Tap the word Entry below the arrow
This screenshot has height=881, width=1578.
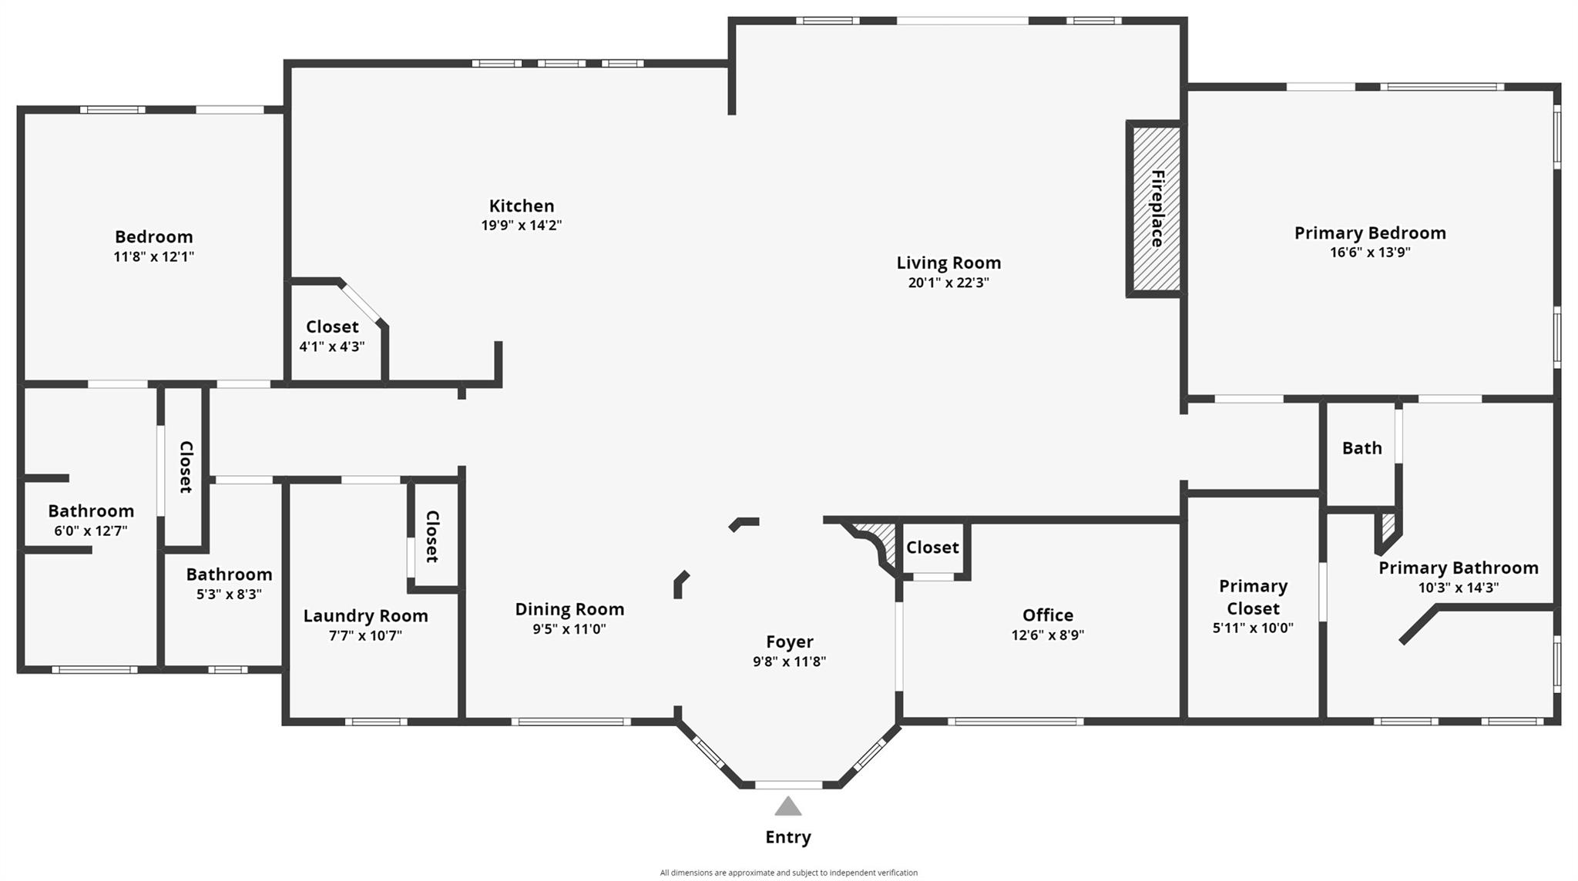pos(787,837)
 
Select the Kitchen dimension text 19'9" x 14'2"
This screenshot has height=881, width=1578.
pos(522,226)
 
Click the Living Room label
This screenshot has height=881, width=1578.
pos(948,263)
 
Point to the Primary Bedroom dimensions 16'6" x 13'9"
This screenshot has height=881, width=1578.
pos(1370,253)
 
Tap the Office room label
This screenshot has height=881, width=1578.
pos(1047,615)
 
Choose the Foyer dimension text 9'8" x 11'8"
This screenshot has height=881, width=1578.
pos(789,662)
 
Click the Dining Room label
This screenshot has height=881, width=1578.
pos(569,609)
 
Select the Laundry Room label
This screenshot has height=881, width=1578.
pos(365,616)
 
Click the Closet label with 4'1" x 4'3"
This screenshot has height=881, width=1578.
pos(332,327)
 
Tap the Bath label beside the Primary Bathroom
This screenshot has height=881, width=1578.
pos(1361,448)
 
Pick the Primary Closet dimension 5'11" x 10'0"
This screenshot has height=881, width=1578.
pos(1253,628)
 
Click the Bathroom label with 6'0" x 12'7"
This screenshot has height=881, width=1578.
pos(91,511)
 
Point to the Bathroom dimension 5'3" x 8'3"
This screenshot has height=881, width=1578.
pos(229,595)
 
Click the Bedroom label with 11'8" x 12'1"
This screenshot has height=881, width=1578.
pos(153,237)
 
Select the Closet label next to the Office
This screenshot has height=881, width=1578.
pos(932,548)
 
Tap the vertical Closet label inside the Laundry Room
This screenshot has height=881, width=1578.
pos(432,536)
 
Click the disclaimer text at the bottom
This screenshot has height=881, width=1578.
pos(788,873)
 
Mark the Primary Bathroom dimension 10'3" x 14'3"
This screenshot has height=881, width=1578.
pos(1458,588)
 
